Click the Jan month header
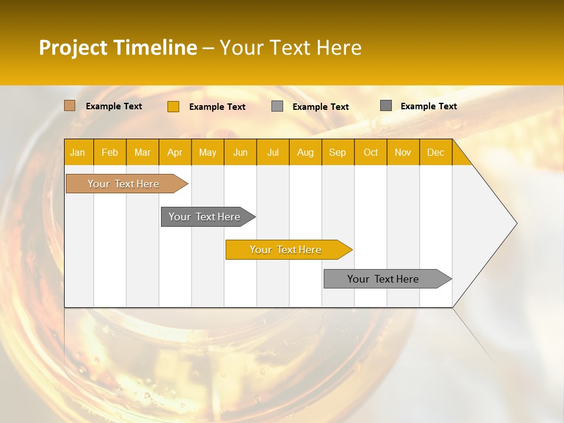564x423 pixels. [x=78, y=153]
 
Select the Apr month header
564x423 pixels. [x=174, y=153]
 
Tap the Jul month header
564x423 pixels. [x=273, y=153]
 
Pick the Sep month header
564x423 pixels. [x=337, y=153]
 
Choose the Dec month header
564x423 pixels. [x=435, y=153]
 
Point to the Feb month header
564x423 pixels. [x=110, y=153]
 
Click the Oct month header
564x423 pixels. [x=371, y=153]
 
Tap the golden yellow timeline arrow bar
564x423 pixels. [x=286, y=250]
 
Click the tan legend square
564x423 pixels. [x=70, y=106]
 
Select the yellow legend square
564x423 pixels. [x=173, y=106]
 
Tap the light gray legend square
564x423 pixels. [x=277, y=106]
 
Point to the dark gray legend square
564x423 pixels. [x=386, y=106]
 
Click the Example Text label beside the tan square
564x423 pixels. [x=114, y=106]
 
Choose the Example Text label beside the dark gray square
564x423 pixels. [x=429, y=106]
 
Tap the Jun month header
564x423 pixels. [x=240, y=153]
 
